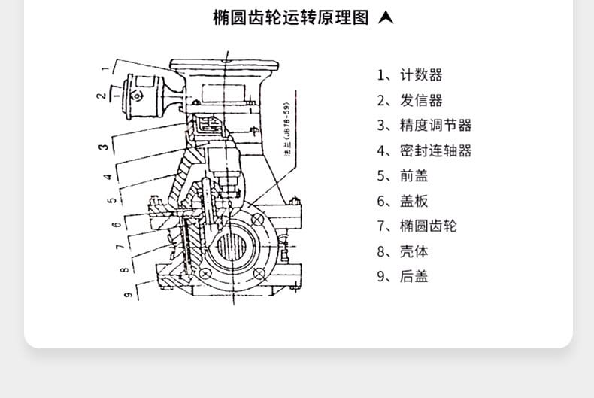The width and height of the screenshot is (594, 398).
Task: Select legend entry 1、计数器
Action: pos(410,75)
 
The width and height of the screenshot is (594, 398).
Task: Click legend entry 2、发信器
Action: pos(410,101)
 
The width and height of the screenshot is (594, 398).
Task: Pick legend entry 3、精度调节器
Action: pos(424,126)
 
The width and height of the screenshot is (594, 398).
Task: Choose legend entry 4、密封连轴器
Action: pos(424,150)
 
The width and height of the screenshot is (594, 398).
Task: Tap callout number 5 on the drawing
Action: pos(111,201)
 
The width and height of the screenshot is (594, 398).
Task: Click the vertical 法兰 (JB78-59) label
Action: pos(286,129)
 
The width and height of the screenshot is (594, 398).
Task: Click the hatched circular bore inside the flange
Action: pos(235,248)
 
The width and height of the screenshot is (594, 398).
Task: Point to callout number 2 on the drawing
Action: pos(100,96)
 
